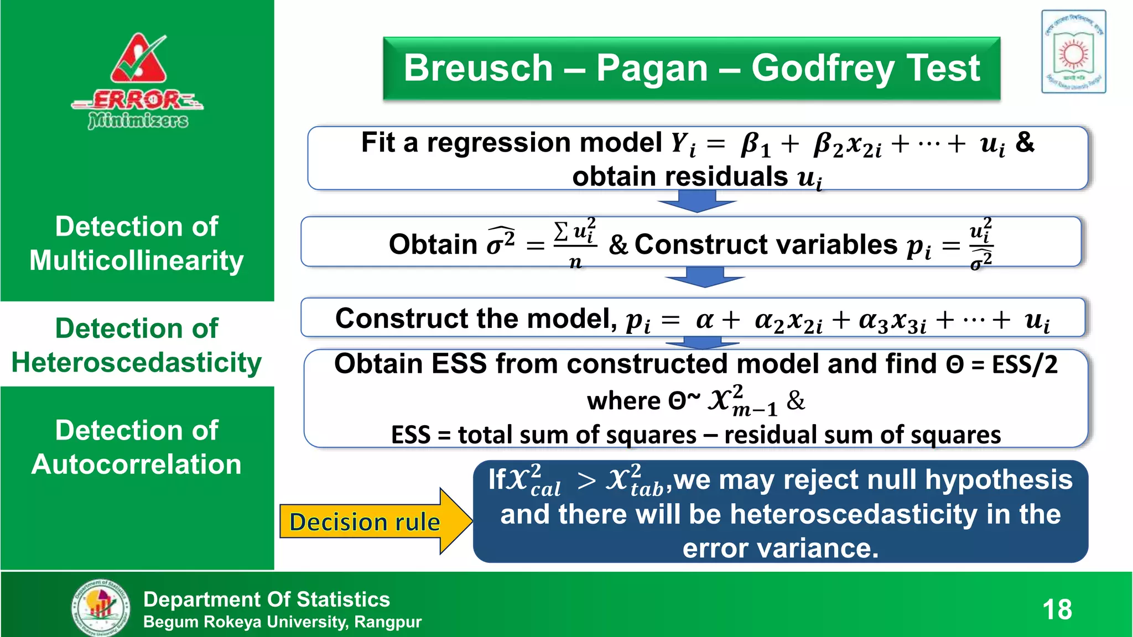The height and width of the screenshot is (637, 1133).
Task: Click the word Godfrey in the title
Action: tap(822, 69)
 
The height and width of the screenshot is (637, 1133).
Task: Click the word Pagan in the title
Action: tap(652, 69)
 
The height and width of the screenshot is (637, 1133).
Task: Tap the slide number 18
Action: tap(1057, 610)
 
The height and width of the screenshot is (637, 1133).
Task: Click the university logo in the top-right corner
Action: tap(1073, 52)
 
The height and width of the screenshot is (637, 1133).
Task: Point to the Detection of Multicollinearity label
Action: tap(137, 243)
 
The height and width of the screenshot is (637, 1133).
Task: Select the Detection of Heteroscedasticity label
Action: tap(137, 345)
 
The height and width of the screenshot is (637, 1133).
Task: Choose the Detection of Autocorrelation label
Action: tap(137, 447)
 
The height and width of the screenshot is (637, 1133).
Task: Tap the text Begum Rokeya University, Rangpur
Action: tap(282, 622)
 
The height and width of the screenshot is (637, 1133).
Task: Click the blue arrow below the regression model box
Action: tap(697, 201)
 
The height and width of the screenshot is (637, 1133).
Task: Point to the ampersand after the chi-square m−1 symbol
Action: tap(796, 400)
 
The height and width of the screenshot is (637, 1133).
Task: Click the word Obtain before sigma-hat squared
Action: tap(433, 244)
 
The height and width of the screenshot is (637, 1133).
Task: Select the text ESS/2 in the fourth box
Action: tap(1025, 364)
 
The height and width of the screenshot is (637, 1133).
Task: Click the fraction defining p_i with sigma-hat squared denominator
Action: tap(981, 244)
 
